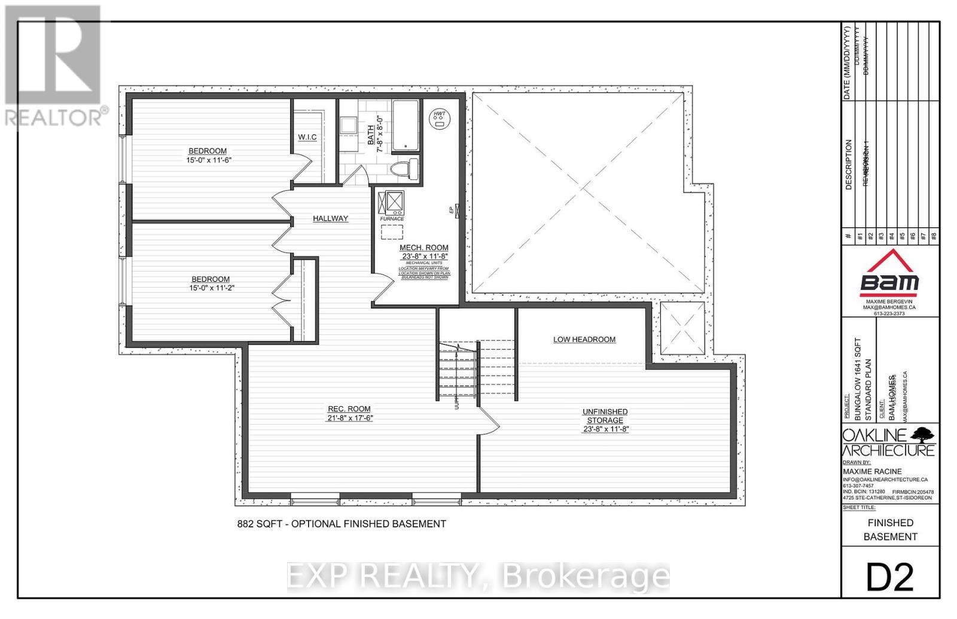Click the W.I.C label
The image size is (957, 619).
pos(307,138)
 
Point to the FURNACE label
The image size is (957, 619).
pos(392,219)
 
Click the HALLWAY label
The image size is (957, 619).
pos(330,219)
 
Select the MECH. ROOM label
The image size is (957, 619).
pos(424,248)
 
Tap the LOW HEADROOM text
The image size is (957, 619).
pos(584,340)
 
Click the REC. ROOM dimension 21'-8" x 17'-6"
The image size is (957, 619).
pos(346,418)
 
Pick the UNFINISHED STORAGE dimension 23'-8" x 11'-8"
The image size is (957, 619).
pos(605,429)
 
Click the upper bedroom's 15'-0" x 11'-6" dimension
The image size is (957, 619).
pos(208,160)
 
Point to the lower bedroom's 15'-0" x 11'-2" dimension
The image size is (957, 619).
pos(211,288)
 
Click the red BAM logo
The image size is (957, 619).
pos(889,275)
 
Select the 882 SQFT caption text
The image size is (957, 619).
pos(342,524)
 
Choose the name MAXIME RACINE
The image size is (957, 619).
pos(872,471)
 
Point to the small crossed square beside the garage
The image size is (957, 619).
pos(682,328)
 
